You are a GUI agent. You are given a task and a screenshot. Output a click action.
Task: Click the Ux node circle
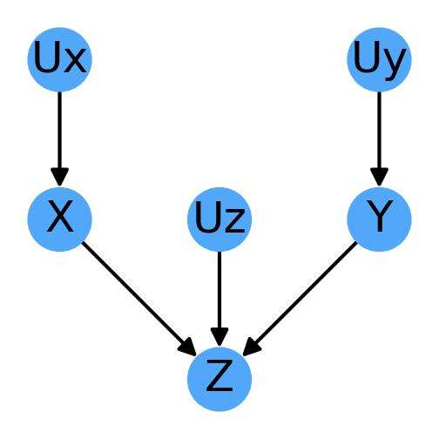59,59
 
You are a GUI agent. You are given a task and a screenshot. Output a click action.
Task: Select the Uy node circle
379,59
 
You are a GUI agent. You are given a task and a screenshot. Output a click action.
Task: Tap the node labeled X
59,219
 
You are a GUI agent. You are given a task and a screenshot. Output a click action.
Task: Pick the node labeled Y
379,219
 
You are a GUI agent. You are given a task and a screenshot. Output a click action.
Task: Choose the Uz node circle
219,219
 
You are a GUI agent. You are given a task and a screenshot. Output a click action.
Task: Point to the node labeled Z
219,379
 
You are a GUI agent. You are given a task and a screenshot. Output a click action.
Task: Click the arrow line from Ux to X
59,131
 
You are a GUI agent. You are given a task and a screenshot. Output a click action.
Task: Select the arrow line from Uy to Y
379,131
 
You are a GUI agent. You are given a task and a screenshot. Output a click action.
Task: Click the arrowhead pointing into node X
59,177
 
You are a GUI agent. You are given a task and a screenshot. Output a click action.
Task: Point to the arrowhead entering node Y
379,177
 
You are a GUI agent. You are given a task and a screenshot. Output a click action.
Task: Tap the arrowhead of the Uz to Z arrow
219,337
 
